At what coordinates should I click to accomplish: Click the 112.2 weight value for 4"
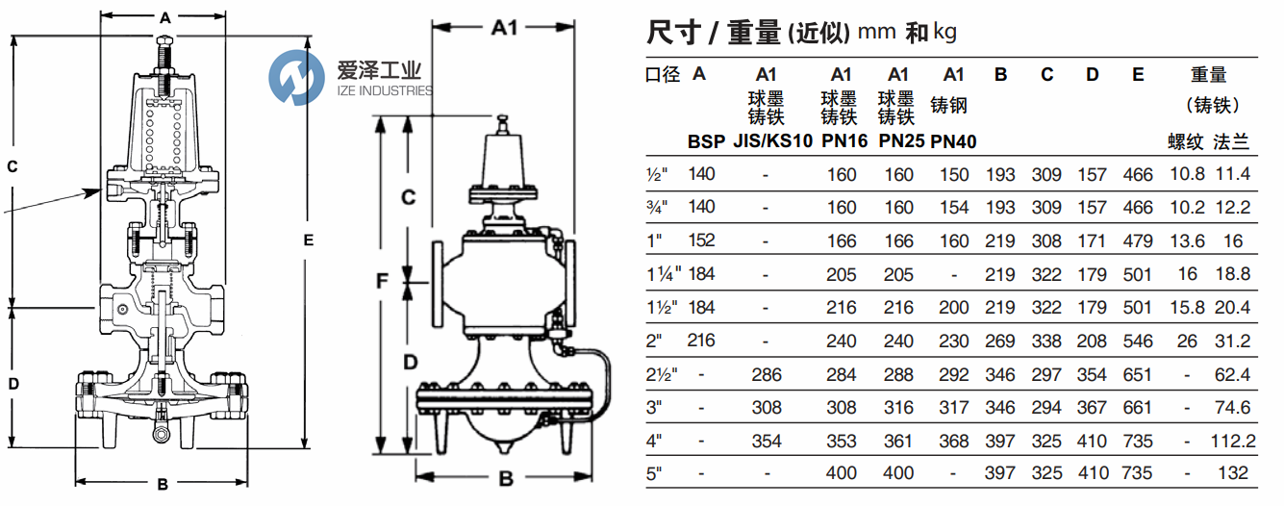pos(1233,441)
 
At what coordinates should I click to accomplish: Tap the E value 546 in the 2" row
pos(1138,341)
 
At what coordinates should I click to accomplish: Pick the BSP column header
pos(706,141)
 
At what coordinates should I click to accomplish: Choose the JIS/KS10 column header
pos(772,141)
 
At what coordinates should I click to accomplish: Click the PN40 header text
pos(953,141)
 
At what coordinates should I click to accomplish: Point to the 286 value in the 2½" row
pos(767,375)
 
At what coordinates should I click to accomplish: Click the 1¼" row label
pos(664,274)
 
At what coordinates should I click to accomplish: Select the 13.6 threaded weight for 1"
pos(1187,240)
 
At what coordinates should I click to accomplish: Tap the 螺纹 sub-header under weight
pos(1185,141)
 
